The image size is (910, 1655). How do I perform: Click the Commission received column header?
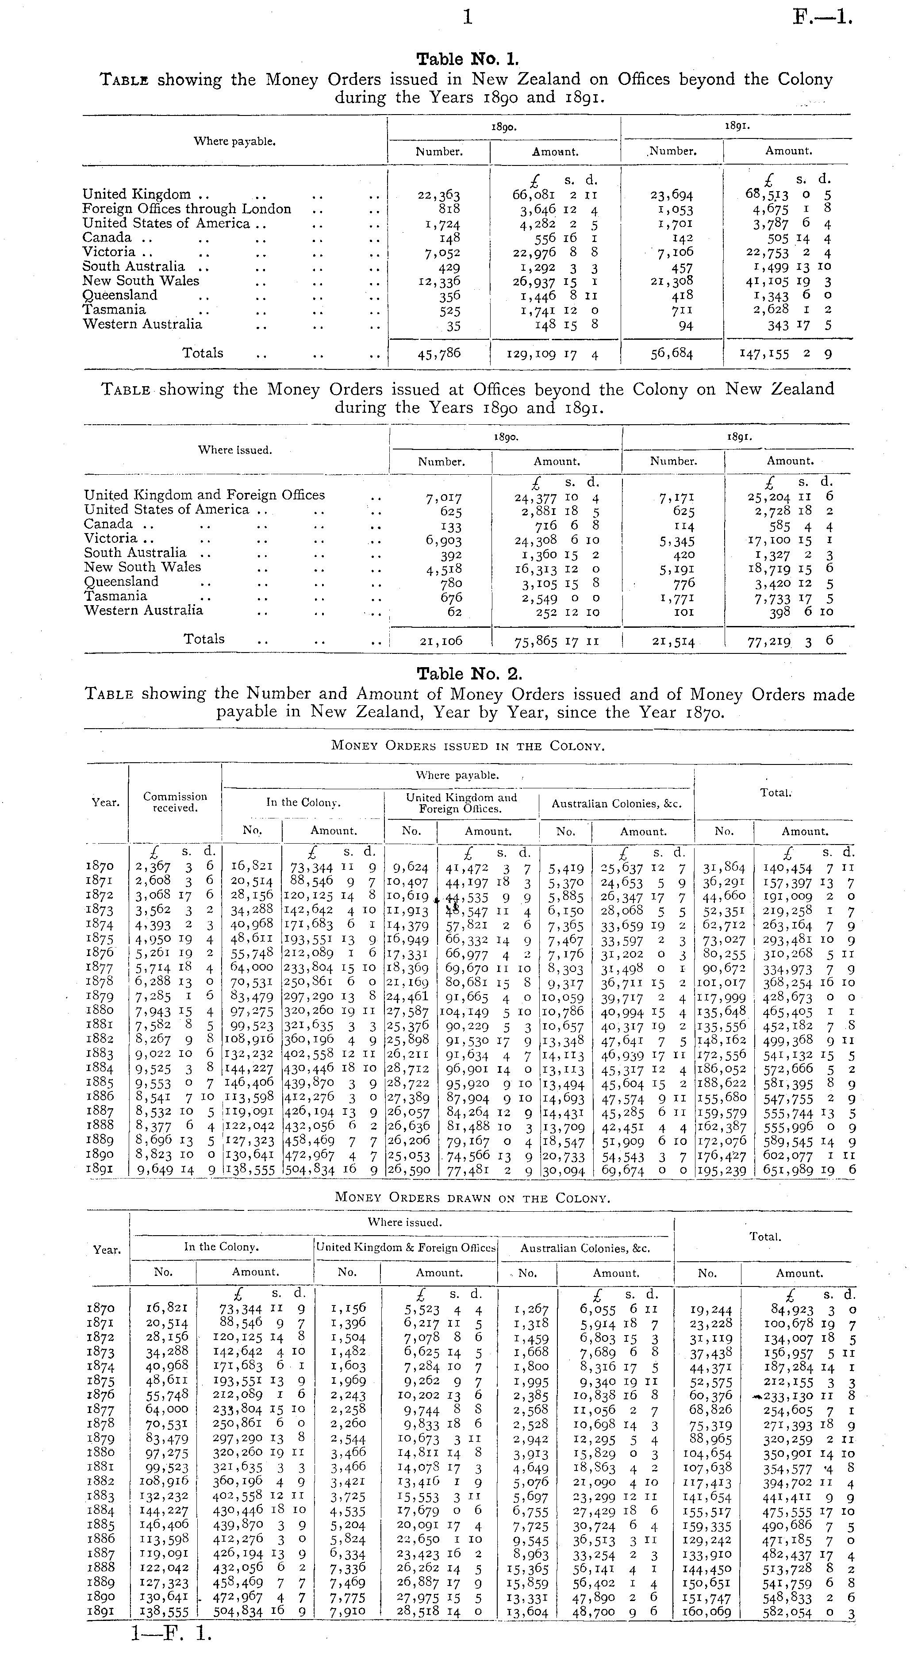[x=175, y=802]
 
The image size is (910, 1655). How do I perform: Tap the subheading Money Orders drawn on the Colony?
[x=472, y=1198]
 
